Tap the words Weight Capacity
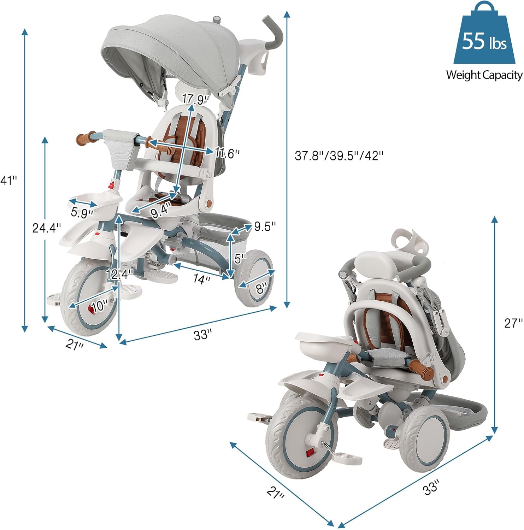pos(484,75)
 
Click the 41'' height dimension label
pos(8,181)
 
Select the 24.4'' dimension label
pos(47,228)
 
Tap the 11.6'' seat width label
pos(228,153)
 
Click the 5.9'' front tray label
pos(82,213)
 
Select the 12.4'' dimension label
pos(119,274)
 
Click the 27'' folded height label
pos(513,323)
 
